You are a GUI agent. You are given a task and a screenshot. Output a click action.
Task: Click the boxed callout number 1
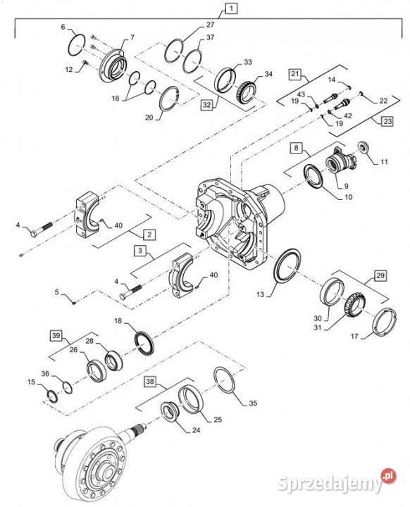coord(232,10)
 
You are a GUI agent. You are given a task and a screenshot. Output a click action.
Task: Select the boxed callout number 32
coord(206,105)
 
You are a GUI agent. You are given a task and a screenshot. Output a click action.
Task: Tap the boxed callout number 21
coord(295,74)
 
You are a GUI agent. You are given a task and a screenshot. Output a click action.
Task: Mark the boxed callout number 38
coord(150,382)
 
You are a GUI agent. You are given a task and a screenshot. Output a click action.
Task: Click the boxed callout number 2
coord(150,233)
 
